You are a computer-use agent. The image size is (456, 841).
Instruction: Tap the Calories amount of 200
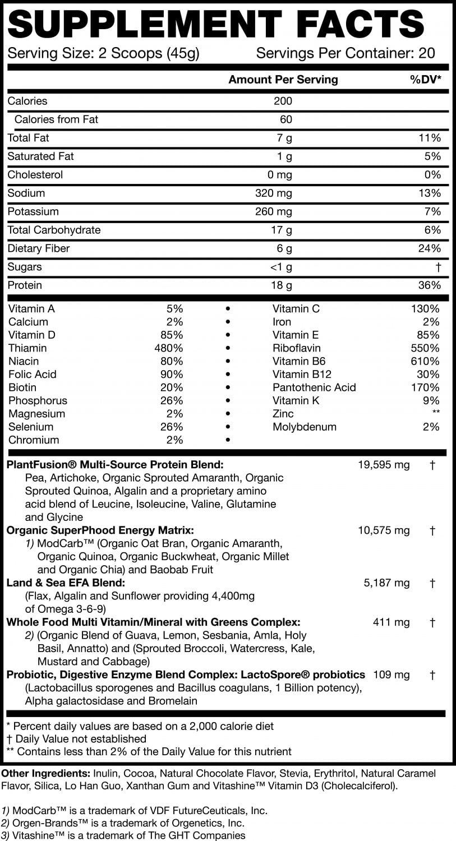(283, 101)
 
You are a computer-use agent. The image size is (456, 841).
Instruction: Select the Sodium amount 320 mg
(273, 193)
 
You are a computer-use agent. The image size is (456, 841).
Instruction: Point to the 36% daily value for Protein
(429, 285)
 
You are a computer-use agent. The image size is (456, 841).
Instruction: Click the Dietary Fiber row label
(39, 248)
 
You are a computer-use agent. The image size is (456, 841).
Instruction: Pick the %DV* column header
(426, 80)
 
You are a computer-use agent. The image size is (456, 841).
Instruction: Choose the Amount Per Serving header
(283, 80)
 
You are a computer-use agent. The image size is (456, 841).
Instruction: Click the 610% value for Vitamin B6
(425, 361)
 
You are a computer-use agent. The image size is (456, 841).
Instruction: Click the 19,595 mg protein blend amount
(384, 465)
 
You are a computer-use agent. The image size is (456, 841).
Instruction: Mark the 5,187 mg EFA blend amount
(387, 583)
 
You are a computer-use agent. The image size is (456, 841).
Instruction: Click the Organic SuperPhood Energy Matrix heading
(100, 530)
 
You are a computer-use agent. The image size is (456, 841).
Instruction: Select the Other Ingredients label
(47, 773)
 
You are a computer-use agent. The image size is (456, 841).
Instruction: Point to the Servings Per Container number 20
(427, 54)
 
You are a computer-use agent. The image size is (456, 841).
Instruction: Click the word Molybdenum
(305, 427)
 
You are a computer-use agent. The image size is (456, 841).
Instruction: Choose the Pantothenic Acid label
(314, 387)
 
